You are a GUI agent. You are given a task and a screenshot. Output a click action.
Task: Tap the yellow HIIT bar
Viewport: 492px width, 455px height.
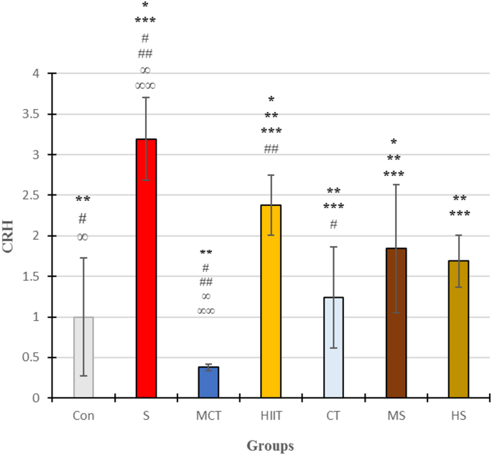[271, 301]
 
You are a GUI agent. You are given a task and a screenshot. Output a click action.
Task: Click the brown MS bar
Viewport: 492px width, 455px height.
[396, 323]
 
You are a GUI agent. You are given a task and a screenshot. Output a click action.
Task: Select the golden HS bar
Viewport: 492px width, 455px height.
[459, 329]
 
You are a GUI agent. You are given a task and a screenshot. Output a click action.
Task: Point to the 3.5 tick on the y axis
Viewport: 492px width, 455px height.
[34, 114]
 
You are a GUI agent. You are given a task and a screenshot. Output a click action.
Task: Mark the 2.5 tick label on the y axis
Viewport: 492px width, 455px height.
[34, 195]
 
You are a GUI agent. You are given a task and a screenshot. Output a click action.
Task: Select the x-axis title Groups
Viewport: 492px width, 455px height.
[270, 446]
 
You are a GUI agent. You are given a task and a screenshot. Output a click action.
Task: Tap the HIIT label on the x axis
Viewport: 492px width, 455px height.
[271, 415]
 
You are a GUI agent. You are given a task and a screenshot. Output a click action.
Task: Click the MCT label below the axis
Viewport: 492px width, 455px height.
[208, 415]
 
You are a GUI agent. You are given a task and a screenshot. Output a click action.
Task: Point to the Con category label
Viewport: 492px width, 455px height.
[83, 415]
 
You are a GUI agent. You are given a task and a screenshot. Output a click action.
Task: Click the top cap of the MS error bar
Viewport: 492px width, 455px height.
[396, 184]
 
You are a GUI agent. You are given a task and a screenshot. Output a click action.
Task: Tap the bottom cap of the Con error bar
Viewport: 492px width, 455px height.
[83, 375]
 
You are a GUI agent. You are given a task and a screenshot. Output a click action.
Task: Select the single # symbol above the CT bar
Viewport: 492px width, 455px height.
[333, 223]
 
